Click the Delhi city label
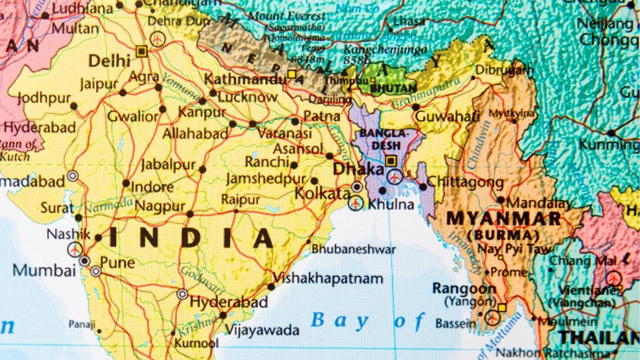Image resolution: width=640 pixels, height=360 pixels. click(x=109, y=61)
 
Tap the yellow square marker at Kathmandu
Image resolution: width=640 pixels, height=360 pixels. click(x=291, y=74)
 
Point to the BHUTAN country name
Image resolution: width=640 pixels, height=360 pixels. click(x=393, y=88)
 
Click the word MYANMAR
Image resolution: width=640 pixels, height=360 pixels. click(x=503, y=218)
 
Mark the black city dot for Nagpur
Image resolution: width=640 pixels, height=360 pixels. click(x=190, y=214)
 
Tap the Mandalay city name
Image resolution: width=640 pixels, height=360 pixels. click(x=539, y=203)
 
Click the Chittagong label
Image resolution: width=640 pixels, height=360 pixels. click(x=466, y=181)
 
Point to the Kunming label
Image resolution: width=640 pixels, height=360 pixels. click(x=609, y=145)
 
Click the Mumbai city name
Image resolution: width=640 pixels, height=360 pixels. click(x=44, y=270)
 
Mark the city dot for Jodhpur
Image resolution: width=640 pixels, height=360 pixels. click(x=73, y=106)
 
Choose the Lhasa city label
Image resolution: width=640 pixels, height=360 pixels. click(x=409, y=21)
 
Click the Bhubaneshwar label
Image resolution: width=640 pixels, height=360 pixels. click(x=353, y=249)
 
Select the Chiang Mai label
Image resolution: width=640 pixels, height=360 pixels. click(x=580, y=261)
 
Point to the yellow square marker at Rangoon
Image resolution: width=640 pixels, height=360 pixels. click(x=501, y=307)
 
